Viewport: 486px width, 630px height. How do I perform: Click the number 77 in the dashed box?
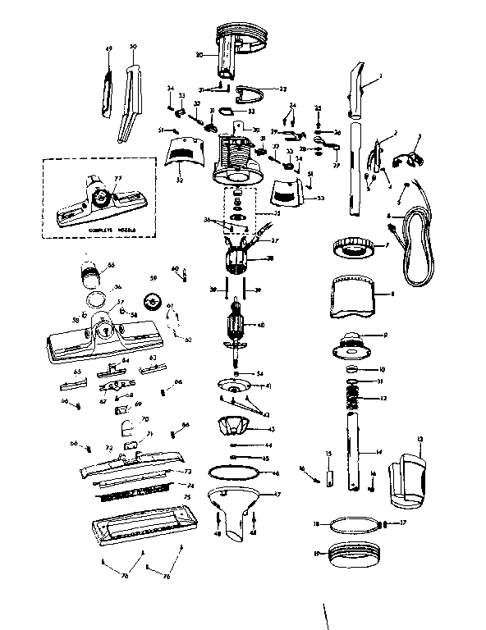[x=117, y=178]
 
